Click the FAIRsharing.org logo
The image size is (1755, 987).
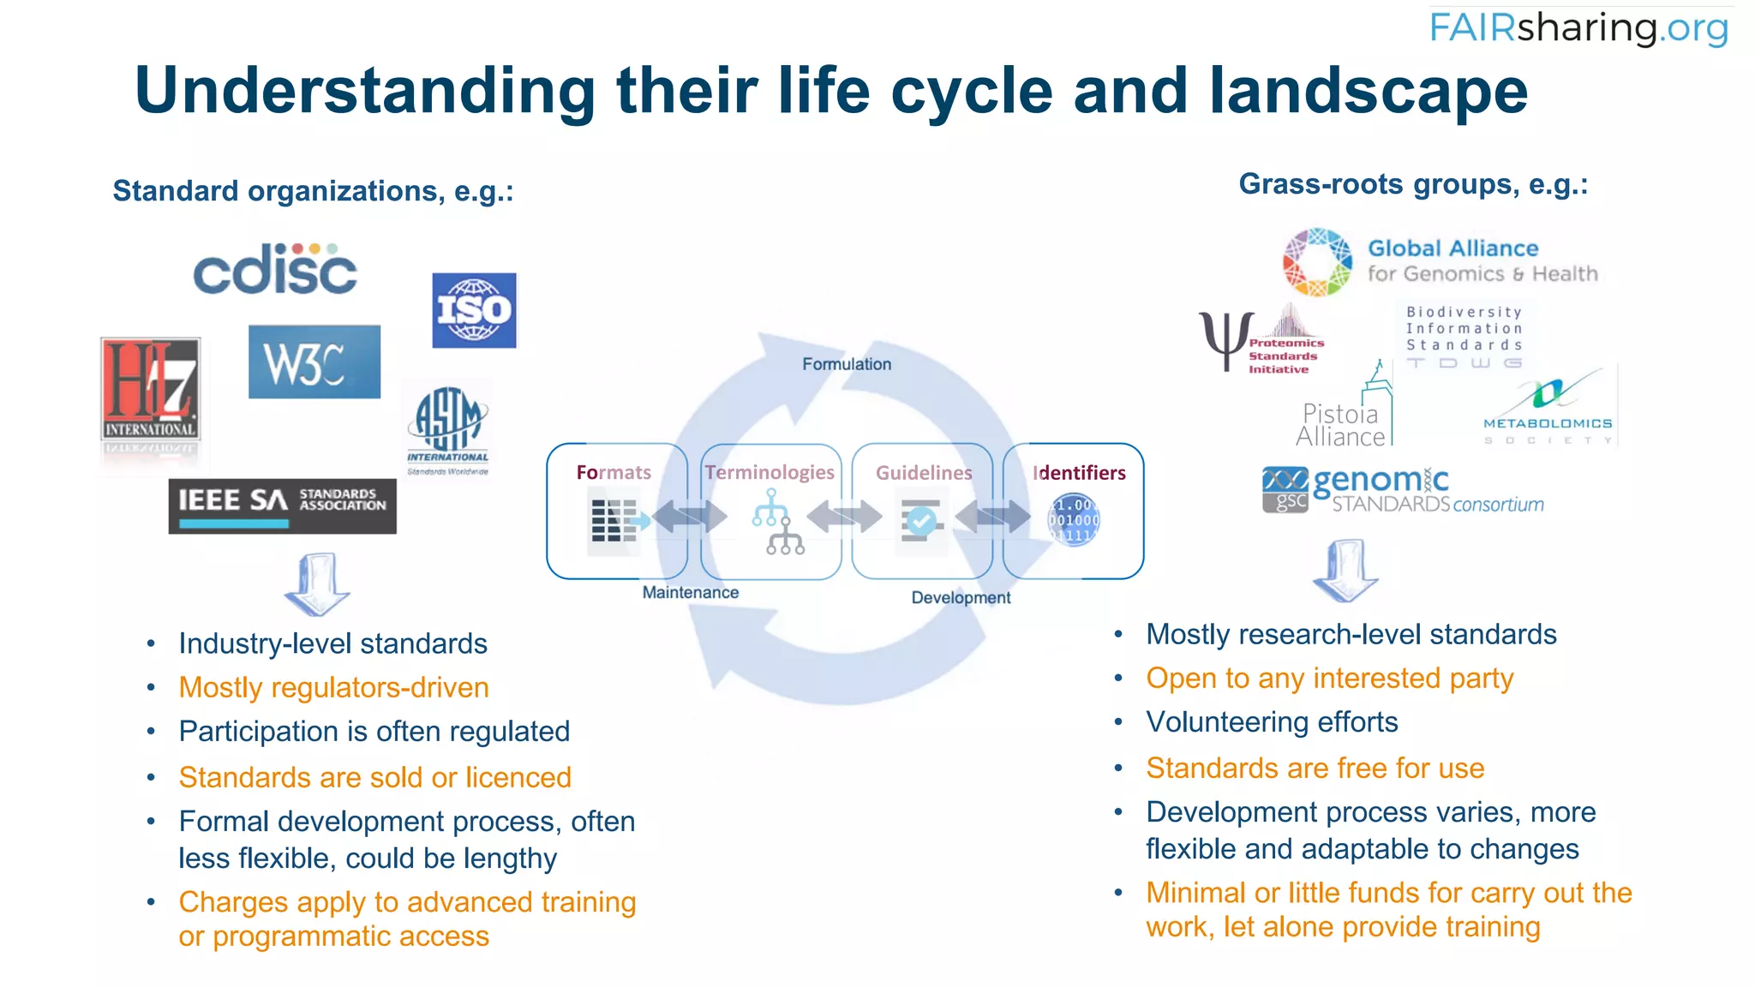(x=1578, y=27)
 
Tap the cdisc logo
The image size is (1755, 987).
(x=275, y=269)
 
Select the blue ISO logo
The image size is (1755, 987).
(x=474, y=310)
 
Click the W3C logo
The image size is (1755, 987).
(x=314, y=362)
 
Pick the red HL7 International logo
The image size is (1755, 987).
(x=151, y=391)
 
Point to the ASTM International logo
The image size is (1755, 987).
(x=448, y=428)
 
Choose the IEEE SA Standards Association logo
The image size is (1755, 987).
(x=282, y=505)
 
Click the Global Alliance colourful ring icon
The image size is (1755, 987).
(x=1317, y=262)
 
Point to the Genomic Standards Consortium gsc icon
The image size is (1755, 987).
(x=1285, y=489)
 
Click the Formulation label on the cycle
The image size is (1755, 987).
(x=847, y=364)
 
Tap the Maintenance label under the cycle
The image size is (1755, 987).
(x=691, y=592)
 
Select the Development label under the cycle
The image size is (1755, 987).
(x=961, y=597)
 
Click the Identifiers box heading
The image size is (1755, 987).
(x=1079, y=473)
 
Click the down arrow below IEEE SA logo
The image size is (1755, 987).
(x=317, y=584)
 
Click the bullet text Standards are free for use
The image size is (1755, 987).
(x=1315, y=769)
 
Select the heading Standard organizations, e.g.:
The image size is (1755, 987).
(x=313, y=191)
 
